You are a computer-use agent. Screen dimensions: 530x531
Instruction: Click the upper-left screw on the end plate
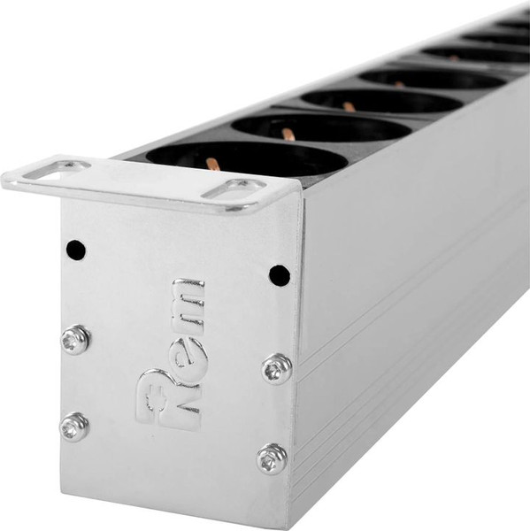point(76,340)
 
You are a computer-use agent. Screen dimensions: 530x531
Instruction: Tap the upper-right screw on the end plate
point(277,369)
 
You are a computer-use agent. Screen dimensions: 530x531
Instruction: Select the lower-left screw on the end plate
point(74,427)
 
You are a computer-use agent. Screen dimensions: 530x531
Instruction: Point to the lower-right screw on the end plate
point(272,458)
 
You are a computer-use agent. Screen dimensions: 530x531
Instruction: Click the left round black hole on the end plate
point(76,250)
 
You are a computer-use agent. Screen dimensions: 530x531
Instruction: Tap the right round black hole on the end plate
point(280,275)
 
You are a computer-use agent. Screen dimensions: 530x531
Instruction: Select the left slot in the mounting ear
point(56,170)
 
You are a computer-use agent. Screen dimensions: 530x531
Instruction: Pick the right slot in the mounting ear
point(234,189)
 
